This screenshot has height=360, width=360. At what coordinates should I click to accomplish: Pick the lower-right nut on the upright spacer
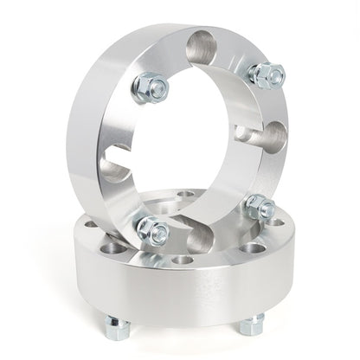click(x=259, y=208)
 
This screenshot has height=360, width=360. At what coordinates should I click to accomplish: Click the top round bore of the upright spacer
click(x=205, y=43)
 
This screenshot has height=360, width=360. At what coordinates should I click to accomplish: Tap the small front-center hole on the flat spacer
click(x=183, y=260)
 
